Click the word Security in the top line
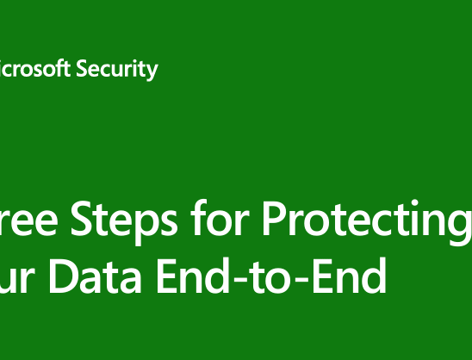click(117, 69)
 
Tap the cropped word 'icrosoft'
click(34, 69)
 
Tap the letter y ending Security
click(152, 71)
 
